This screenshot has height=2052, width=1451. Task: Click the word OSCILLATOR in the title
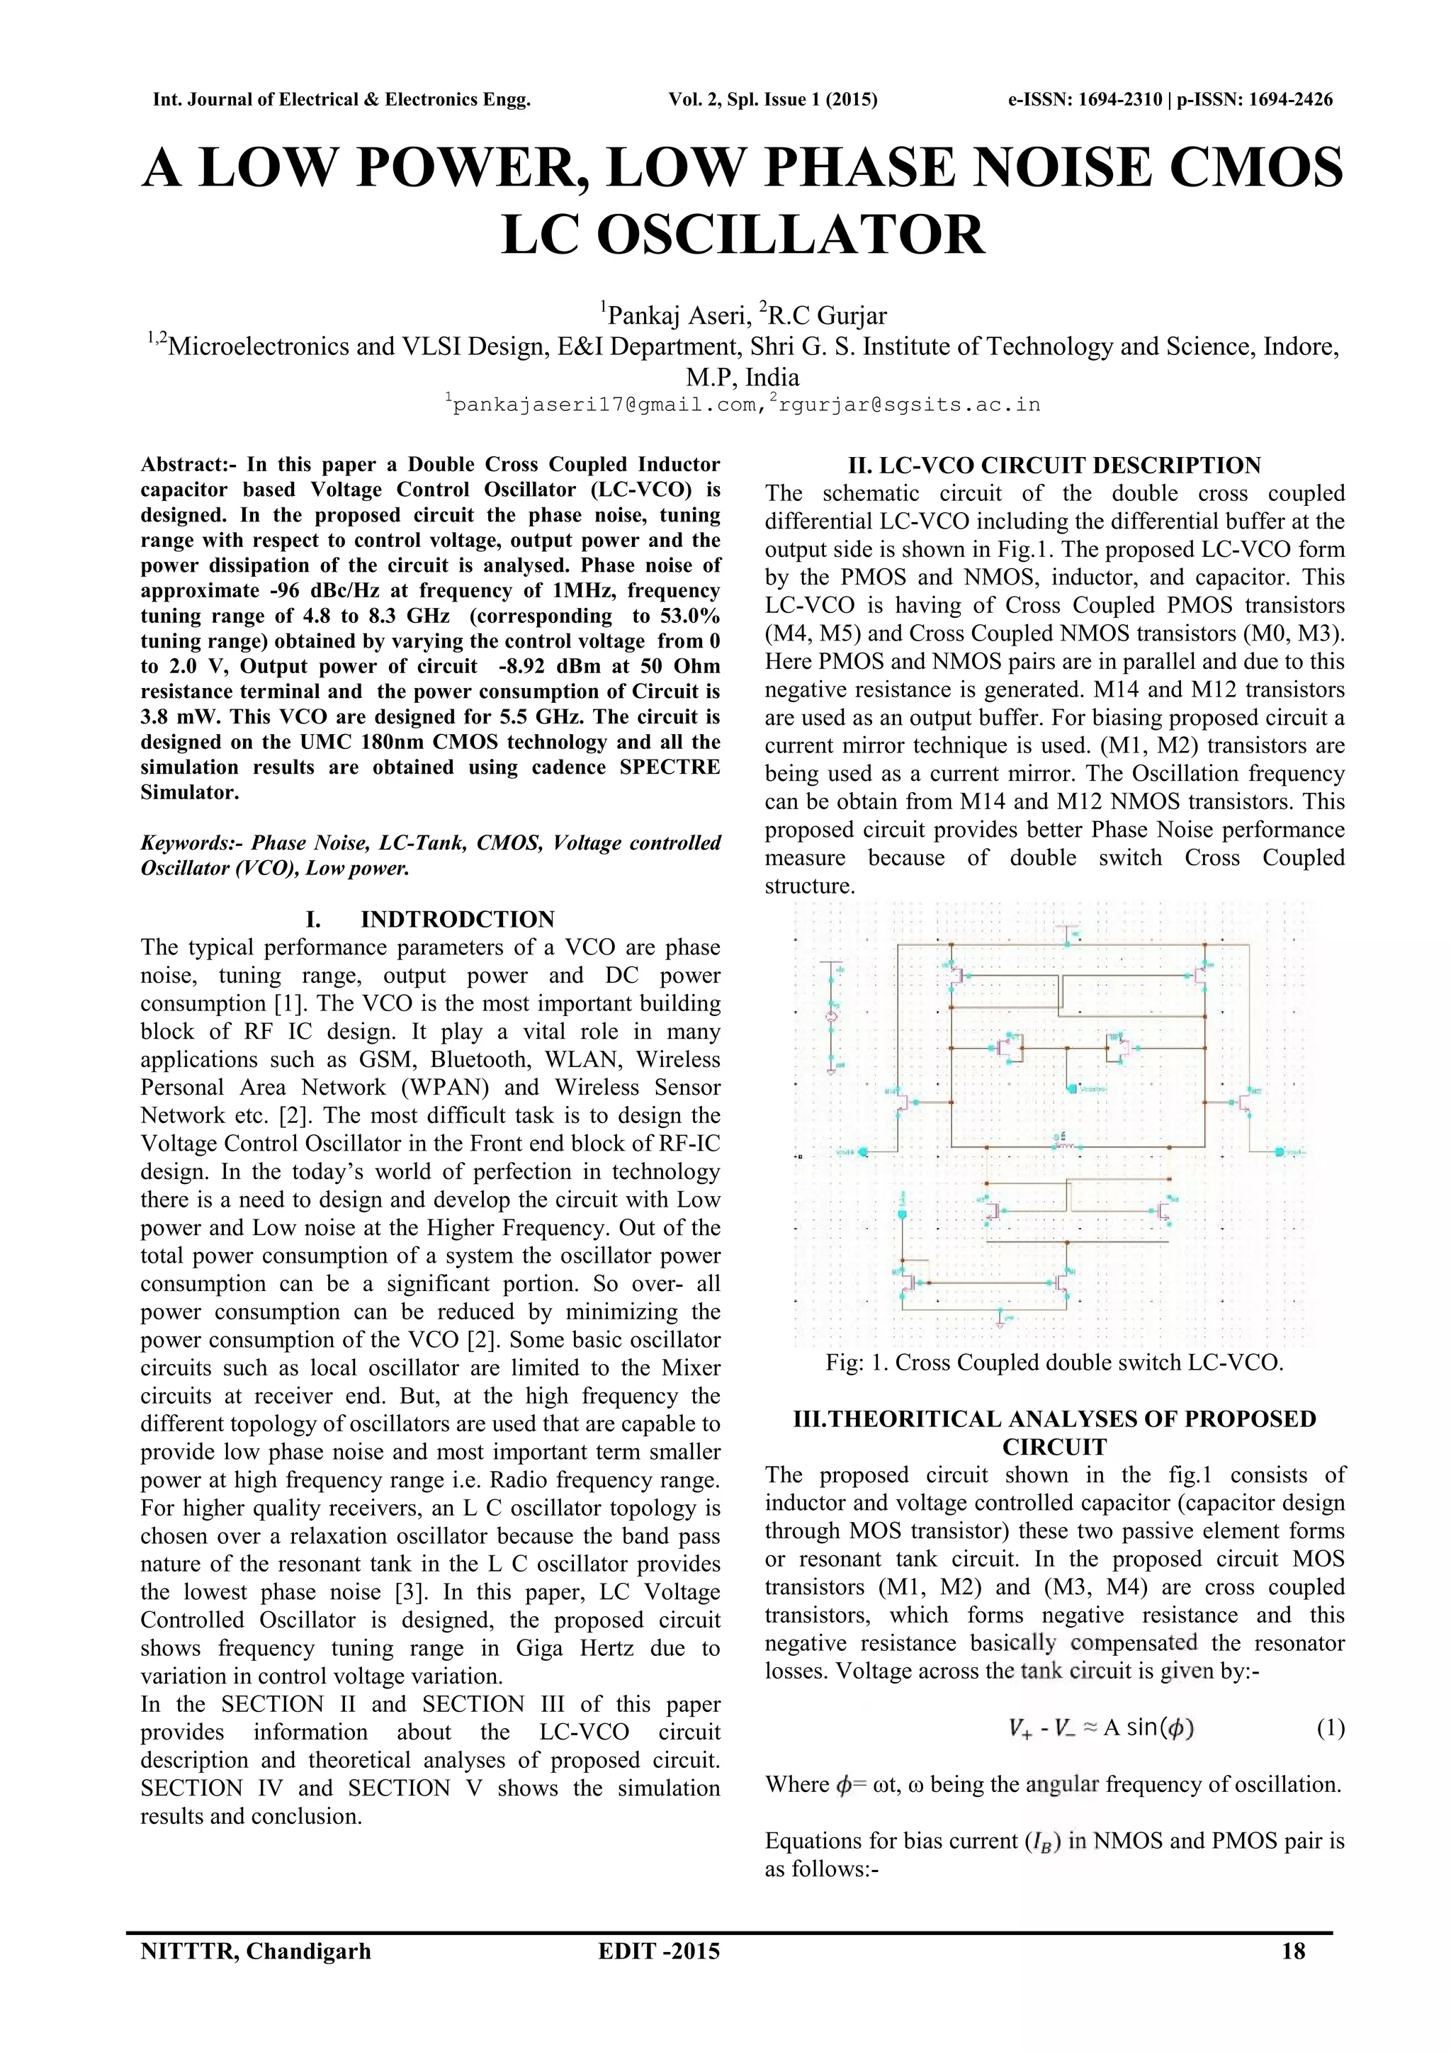(x=743, y=235)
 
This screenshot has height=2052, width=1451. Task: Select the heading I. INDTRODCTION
(x=430, y=920)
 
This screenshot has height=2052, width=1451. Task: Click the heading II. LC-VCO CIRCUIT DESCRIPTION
(x=1054, y=466)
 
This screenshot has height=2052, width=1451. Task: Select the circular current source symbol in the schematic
(x=831, y=1017)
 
